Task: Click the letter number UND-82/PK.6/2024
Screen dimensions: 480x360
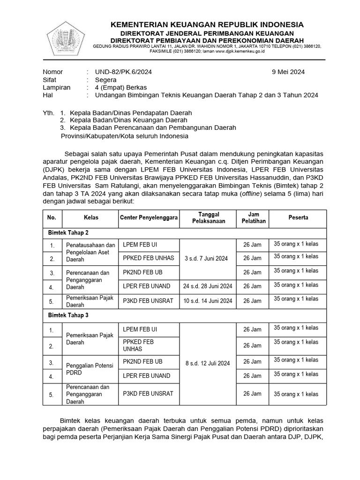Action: click(x=123, y=72)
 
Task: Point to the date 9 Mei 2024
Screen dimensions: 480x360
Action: click(x=288, y=72)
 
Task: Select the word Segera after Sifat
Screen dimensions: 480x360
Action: click(x=106, y=80)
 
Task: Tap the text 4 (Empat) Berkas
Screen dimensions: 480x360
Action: click(x=121, y=88)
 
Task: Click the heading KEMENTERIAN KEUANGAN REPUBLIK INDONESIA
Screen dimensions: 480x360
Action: click(x=206, y=24)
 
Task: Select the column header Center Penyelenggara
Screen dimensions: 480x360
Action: click(x=149, y=218)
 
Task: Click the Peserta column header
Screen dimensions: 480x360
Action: click(x=298, y=217)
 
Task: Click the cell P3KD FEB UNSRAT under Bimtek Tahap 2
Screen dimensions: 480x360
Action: click(x=148, y=300)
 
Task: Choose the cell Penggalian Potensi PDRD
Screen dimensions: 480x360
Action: click(x=90, y=367)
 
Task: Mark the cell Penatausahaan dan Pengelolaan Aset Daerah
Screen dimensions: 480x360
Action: click(x=90, y=252)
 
